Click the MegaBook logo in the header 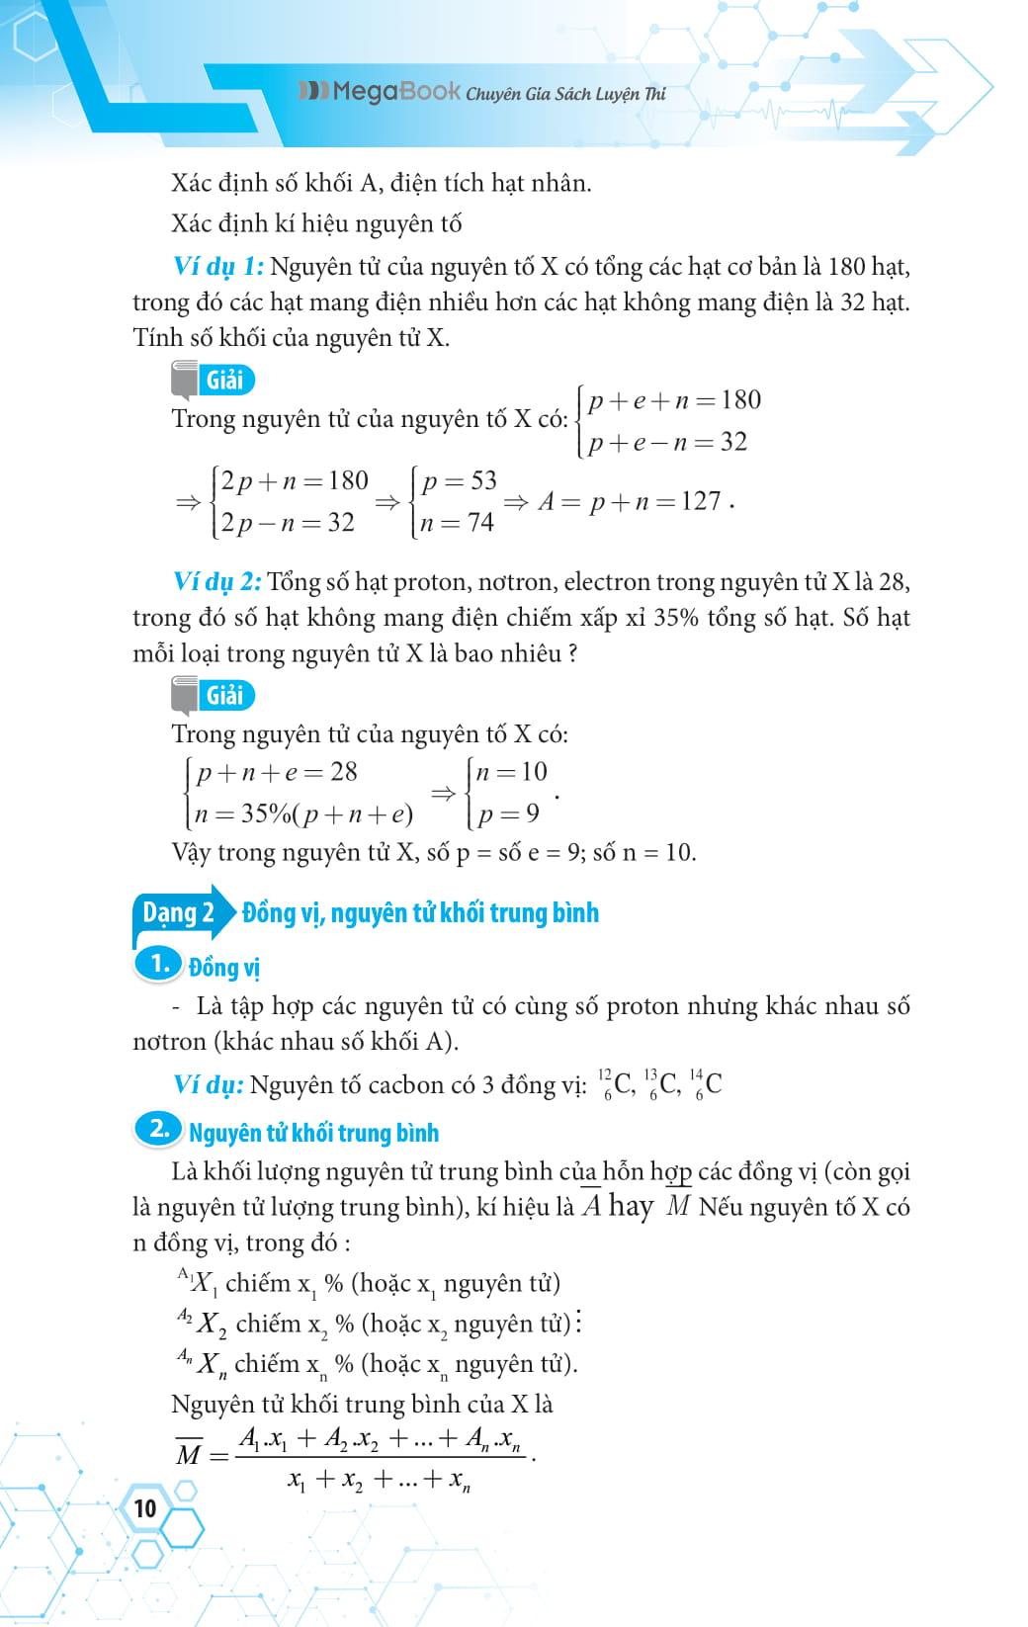click(380, 93)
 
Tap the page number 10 click(144, 1508)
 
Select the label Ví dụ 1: click(217, 267)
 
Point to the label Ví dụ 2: click(217, 582)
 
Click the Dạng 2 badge click(178, 912)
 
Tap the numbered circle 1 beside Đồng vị click(159, 964)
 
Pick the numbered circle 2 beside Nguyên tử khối click(159, 1131)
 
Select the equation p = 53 click(459, 481)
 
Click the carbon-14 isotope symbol click(706, 1084)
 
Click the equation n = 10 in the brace click(511, 772)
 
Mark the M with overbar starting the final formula click(188, 1454)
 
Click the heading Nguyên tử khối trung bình click(313, 1133)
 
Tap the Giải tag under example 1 click(224, 380)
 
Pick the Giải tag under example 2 click(224, 695)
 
